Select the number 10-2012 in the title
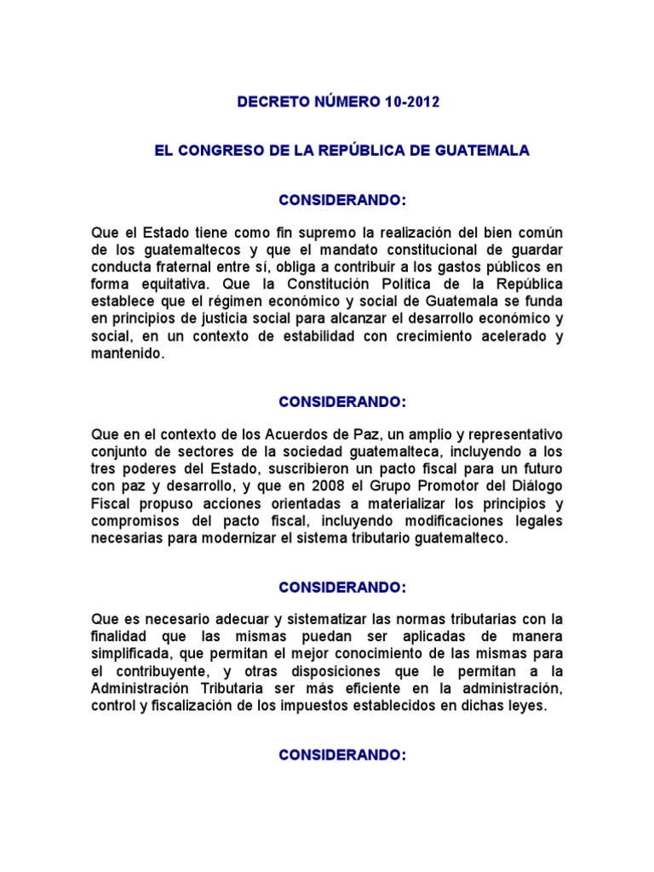click(x=409, y=103)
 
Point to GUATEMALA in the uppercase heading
click(x=483, y=151)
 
